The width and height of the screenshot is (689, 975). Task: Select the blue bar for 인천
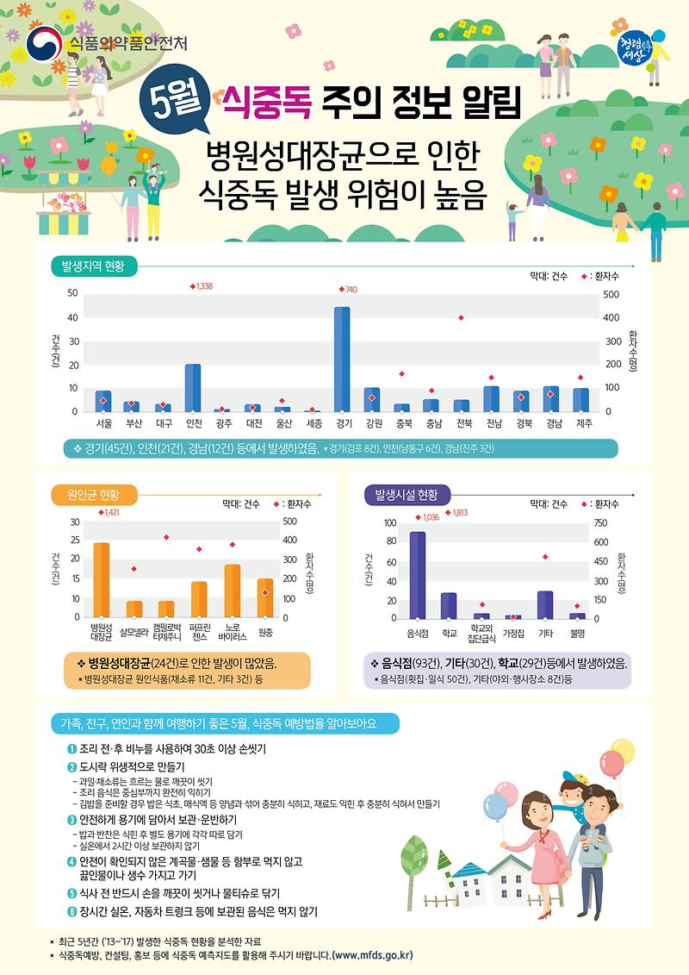tap(193, 388)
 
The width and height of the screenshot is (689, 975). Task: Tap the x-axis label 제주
tap(583, 424)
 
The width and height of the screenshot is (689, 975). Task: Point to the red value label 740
tap(349, 290)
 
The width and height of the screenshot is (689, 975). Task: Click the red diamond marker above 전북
tap(462, 318)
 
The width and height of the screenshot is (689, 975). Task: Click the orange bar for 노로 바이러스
tap(233, 591)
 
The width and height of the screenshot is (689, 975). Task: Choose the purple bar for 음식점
tap(418, 575)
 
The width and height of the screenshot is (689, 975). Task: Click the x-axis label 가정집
tap(513, 633)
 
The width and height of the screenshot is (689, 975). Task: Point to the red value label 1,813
tap(459, 513)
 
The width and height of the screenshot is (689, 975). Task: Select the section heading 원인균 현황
tap(93, 495)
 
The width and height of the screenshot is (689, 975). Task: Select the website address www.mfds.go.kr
tap(372, 955)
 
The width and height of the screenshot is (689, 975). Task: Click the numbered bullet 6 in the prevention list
tap(72, 910)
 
